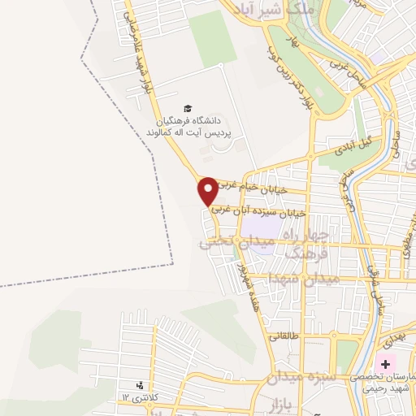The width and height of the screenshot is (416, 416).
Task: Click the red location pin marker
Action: coord(209,190)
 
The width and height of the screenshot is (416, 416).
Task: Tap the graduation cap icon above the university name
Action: coord(188,108)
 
